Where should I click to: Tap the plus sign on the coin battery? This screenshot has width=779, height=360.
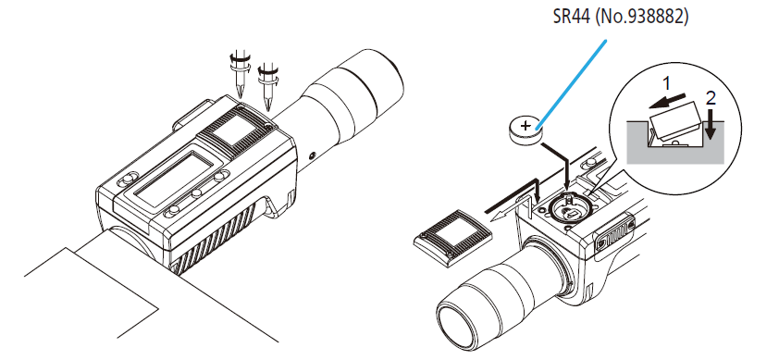(x=526, y=126)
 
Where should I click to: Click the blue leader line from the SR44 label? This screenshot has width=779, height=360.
(x=572, y=82)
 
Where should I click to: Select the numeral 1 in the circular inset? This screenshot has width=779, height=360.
(x=668, y=83)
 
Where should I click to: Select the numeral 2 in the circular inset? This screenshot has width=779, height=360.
(x=711, y=98)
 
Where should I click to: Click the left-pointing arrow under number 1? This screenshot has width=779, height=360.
(x=665, y=102)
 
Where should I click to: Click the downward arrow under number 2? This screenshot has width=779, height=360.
(x=711, y=124)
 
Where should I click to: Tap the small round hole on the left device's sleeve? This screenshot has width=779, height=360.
(x=312, y=155)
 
